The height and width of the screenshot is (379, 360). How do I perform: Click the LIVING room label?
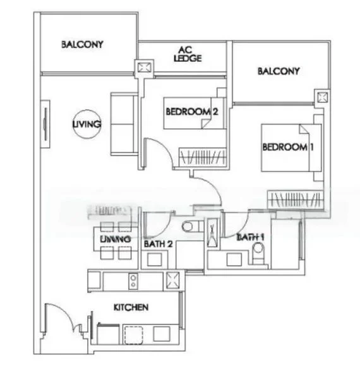(x=87, y=124)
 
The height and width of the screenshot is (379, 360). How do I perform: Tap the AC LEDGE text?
(x=188, y=54)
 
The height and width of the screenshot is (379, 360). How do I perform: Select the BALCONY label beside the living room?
(x=82, y=45)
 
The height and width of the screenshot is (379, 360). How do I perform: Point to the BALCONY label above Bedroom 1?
(x=279, y=71)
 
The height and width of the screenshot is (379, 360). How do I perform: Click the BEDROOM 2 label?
(x=192, y=112)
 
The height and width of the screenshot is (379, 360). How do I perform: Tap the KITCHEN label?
(x=131, y=307)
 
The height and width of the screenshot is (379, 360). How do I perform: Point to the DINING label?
(x=116, y=239)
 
